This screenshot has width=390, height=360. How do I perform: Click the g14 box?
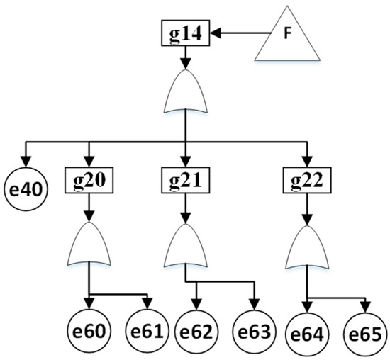pos(186,33)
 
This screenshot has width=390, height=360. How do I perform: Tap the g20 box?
pos(89,180)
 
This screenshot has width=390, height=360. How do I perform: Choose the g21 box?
pos(186,180)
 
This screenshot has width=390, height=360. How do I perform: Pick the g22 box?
pos(307,180)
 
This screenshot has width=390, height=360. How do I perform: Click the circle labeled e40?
pos(26,189)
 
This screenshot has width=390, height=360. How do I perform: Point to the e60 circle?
pos(89,331)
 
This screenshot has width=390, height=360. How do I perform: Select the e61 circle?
pos(147,331)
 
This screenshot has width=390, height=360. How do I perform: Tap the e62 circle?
pos(196,332)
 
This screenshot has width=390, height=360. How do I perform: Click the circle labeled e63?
pos(255,332)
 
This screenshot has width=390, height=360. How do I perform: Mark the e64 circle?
pos(308,334)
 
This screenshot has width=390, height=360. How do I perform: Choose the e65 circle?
pos(365,334)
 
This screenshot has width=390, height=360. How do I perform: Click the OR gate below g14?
pos(186,94)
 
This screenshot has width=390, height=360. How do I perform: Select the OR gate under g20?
pos(89,246)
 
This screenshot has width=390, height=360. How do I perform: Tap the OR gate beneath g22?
pos(307,250)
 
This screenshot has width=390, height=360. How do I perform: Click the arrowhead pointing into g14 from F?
pos(216,33)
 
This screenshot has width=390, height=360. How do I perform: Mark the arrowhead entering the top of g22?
pos(307,162)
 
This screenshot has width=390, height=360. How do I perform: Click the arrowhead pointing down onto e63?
pos(255,304)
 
